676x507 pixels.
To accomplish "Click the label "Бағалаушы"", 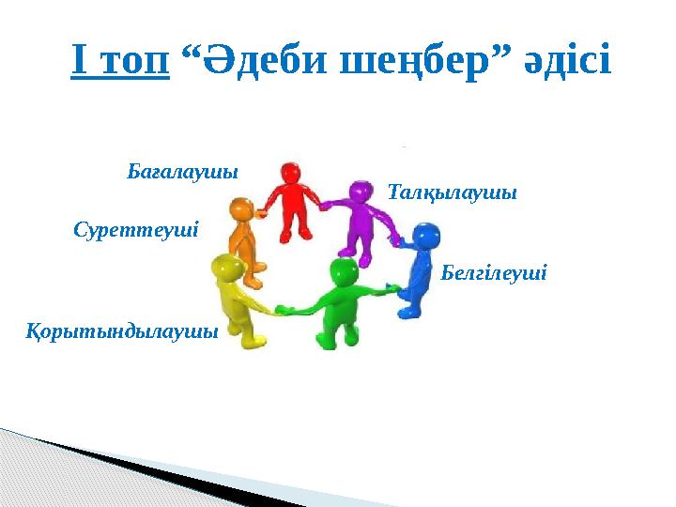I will click(182, 173).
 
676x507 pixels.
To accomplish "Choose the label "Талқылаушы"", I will click(452, 192).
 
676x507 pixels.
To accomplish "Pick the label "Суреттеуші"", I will click(135, 229).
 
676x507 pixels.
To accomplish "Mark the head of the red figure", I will click(290, 174).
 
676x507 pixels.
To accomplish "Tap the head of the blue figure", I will click(425, 236).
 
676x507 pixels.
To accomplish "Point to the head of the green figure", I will click(343, 272).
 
